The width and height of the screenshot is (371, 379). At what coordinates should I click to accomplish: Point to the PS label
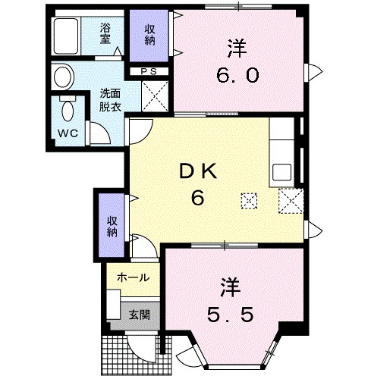(149, 72)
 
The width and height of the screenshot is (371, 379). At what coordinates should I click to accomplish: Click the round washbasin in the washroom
(63, 77)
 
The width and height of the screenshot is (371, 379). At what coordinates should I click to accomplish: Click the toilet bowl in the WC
(68, 111)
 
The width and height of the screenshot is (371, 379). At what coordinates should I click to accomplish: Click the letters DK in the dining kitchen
(199, 173)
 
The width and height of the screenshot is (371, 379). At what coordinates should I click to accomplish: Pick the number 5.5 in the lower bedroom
(231, 312)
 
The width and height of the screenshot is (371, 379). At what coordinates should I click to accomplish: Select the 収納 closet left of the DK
(112, 225)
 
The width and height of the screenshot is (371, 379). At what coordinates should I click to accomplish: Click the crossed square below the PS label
(156, 97)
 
